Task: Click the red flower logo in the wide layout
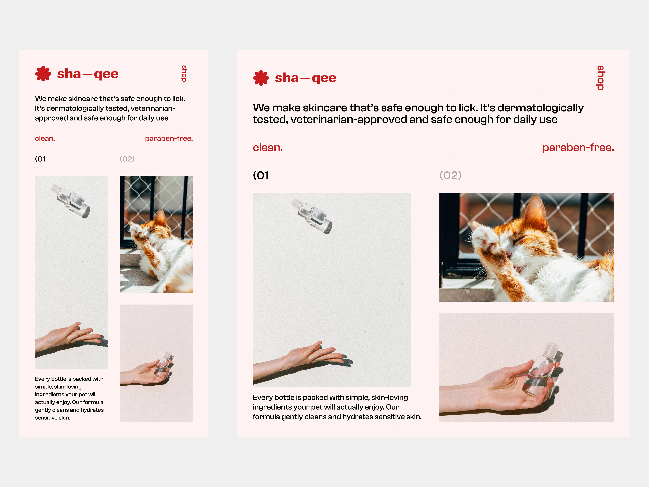click(261, 78)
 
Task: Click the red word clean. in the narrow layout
click(45, 138)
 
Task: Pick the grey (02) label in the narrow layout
click(127, 159)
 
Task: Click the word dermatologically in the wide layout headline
click(540, 108)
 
